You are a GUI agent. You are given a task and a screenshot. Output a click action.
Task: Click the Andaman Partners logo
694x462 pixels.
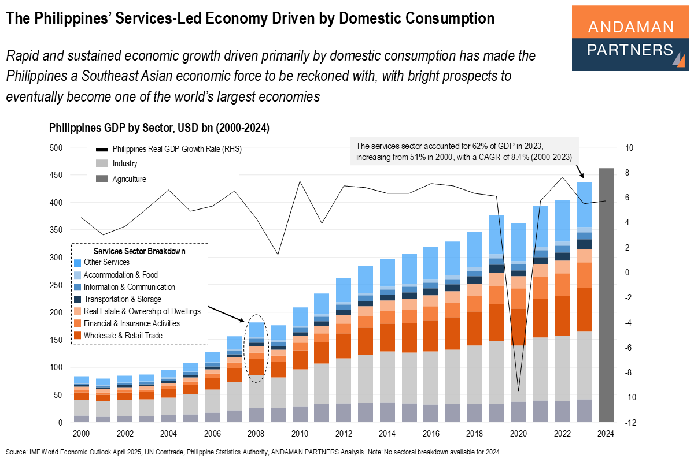click(630, 38)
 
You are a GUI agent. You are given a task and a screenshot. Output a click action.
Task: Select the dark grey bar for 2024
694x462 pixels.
click(605, 295)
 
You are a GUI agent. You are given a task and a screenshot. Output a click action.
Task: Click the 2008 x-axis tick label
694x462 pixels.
click(256, 433)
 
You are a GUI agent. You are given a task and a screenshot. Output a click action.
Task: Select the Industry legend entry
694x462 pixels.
click(124, 163)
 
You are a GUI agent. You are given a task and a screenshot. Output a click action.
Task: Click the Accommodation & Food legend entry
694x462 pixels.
click(120, 275)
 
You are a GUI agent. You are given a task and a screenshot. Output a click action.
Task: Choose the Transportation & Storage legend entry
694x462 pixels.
click(122, 299)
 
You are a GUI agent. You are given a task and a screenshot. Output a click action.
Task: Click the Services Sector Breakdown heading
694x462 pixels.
click(139, 251)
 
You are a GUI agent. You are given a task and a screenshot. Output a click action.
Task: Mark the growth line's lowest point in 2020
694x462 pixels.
click(518, 391)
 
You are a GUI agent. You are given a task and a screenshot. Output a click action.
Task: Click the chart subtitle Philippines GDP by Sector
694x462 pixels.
click(159, 128)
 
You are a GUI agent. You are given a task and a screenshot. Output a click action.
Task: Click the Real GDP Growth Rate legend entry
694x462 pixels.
click(176, 148)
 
